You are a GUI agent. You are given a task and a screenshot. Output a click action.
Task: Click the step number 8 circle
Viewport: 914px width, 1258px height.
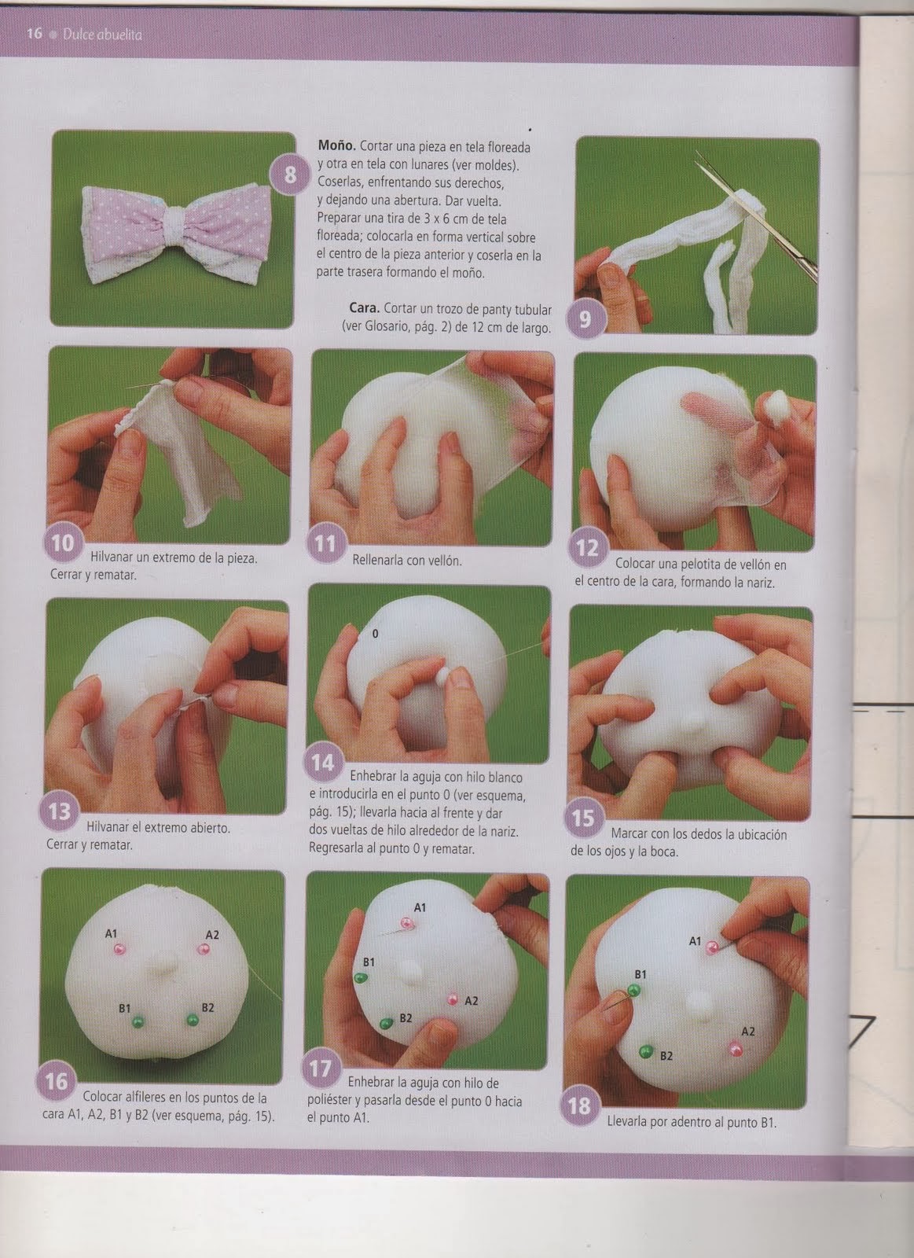pos(290,175)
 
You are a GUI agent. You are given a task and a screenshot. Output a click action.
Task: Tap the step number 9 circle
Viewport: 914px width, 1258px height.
pos(585,318)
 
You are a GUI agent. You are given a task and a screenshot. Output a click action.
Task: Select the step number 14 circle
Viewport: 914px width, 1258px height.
pos(323,762)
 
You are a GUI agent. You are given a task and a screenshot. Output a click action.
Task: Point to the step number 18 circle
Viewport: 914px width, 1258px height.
pos(579,1105)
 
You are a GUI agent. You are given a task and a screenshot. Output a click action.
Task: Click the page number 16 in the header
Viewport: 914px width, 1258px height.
pos(33,34)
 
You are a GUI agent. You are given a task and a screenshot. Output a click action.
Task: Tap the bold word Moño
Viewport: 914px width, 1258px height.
pos(336,146)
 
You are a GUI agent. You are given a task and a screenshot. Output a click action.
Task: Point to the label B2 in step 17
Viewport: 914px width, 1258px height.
pos(406,1017)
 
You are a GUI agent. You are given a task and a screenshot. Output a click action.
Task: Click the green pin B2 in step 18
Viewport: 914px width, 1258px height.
pos(645,1051)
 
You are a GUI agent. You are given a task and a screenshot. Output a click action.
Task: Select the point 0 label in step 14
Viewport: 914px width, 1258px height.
pos(375,633)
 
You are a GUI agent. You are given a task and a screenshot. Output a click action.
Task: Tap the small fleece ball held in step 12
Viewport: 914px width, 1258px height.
pos(775,406)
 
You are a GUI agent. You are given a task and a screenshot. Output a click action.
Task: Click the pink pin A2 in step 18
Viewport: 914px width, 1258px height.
pos(734,1048)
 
